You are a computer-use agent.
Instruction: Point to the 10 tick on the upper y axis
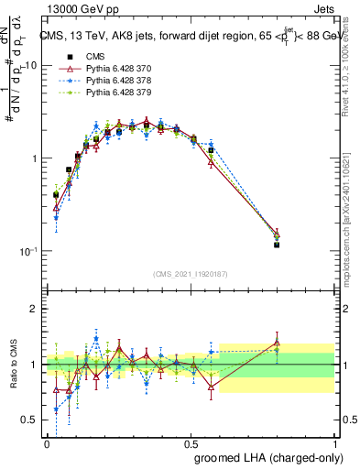[x=30, y=66]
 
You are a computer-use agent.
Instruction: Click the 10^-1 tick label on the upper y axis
[x=27, y=251]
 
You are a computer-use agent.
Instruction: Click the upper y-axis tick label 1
[x=34, y=158]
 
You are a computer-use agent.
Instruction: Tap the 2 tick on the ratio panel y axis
[x=34, y=309]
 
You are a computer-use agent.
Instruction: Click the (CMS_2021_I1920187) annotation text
[x=190, y=274]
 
